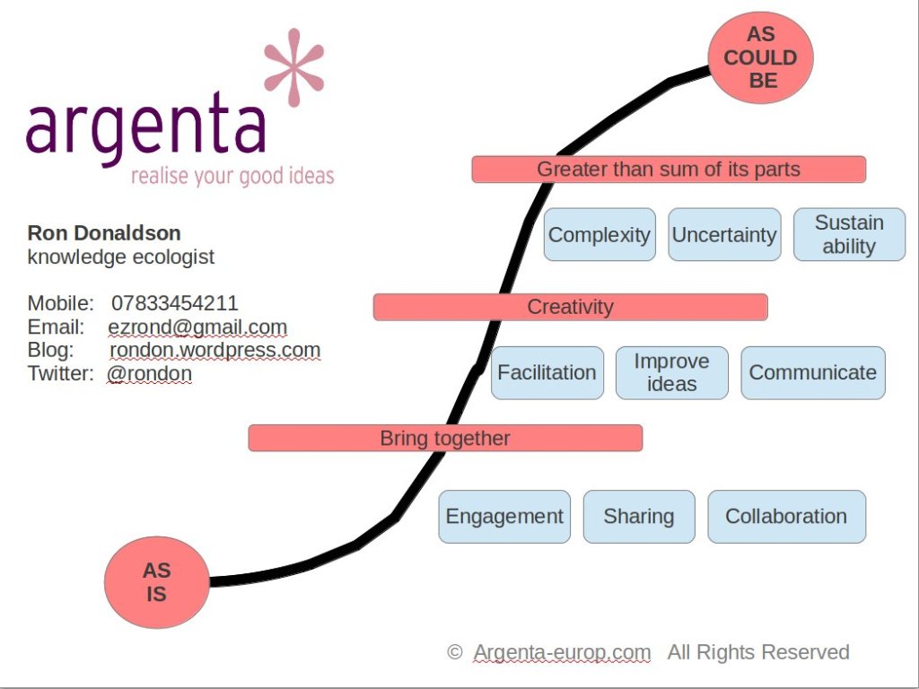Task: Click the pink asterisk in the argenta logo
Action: [x=293, y=67]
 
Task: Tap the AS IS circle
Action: [x=156, y=581]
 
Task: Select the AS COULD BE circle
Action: [x=760, y=57]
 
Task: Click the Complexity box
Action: [x=599, y=235]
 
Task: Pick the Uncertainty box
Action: [x=723, y=235]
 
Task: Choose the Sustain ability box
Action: [x=849, y=235]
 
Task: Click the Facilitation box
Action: [x=547, y=372]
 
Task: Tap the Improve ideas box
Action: [x=671, y=372]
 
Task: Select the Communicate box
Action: [x=812, y=372]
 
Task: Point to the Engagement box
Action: [x=504, y=517]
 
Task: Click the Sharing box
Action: [x=638, y=517]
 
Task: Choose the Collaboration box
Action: [x=786, y=517]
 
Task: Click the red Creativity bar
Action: [x=570, y=307]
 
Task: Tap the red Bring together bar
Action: [x=445, y=439]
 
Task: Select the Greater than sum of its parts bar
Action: [x=669, y=169]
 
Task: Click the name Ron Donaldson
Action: [x=104, y=233]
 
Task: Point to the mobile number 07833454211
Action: [x=175, y=303]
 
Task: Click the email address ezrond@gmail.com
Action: [x=197, y=327]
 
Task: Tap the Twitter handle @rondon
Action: [x=149, y=373]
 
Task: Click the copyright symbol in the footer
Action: [x=455, y=652]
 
